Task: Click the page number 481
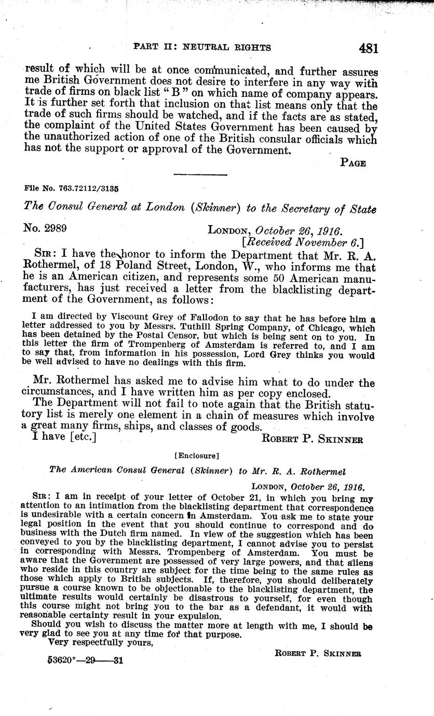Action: coord(368,48)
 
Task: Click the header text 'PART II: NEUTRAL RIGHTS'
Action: coord(202,47)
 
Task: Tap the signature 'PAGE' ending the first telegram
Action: coord(353,163)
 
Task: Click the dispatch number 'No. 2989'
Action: coord(45,228)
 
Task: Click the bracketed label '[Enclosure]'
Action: coord(198,456)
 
